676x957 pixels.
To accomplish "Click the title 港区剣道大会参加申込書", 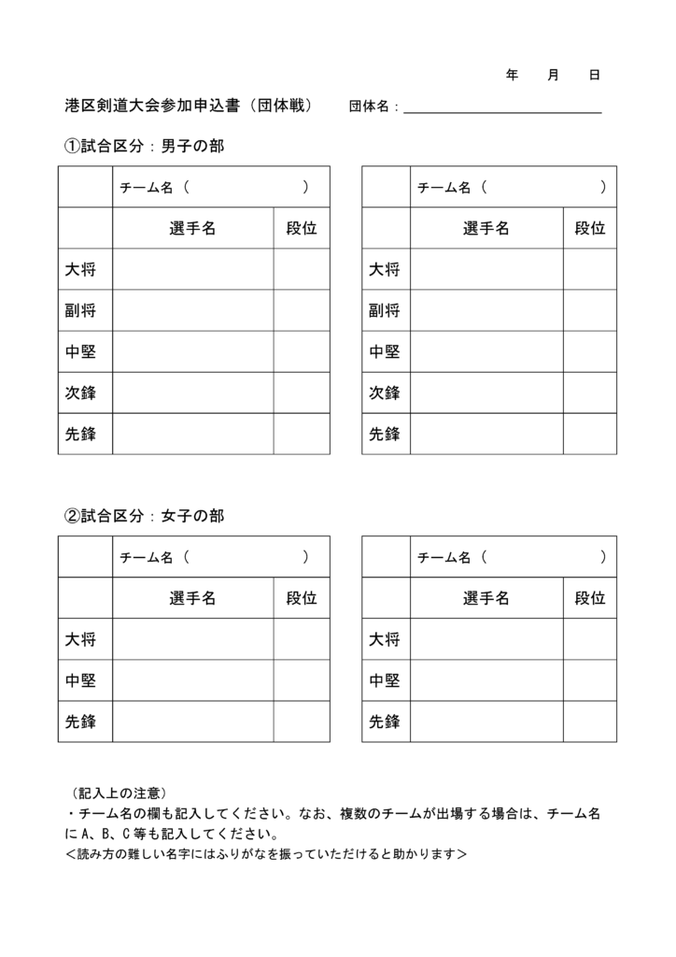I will pyautogui.click(x=152, y=106).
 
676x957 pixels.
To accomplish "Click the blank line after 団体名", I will pyautogui.click(x=502, y=109).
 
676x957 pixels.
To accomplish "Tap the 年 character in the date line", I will pyautogui.click(x=512, y=75).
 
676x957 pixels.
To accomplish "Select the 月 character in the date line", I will pyautogui.click(x=553, y=75).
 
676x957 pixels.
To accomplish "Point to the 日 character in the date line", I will pyautogui.click(x=594, y=75).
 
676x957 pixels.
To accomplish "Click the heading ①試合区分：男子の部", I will pyautogui.click(x=144, y=147).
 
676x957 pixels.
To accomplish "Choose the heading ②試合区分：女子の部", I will pyautogui.click(x=144, y=516).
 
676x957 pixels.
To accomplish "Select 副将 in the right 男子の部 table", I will pyautogui.click(x=384, y=311).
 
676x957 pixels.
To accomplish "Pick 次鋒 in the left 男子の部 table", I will pyautogui.click(x=81, y=393).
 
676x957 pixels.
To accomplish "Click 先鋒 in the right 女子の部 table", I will pyautogui.click(x=384, y=721).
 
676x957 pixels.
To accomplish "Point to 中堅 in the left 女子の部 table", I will pyautogui.click(x=81, y=681).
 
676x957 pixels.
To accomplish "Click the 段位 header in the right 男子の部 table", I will pyautogui.click(x=589, y=228).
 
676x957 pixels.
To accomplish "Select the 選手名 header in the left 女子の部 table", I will pyautogui.click(x=192, y=598).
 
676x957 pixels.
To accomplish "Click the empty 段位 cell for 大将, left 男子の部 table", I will pyautogui.click(x=301, y=270).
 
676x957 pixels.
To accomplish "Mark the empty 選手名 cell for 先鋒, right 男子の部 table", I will pyautogui.click(x=486, y=435).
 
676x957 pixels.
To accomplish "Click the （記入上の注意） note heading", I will pyautogui.click(x=120, y=793).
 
